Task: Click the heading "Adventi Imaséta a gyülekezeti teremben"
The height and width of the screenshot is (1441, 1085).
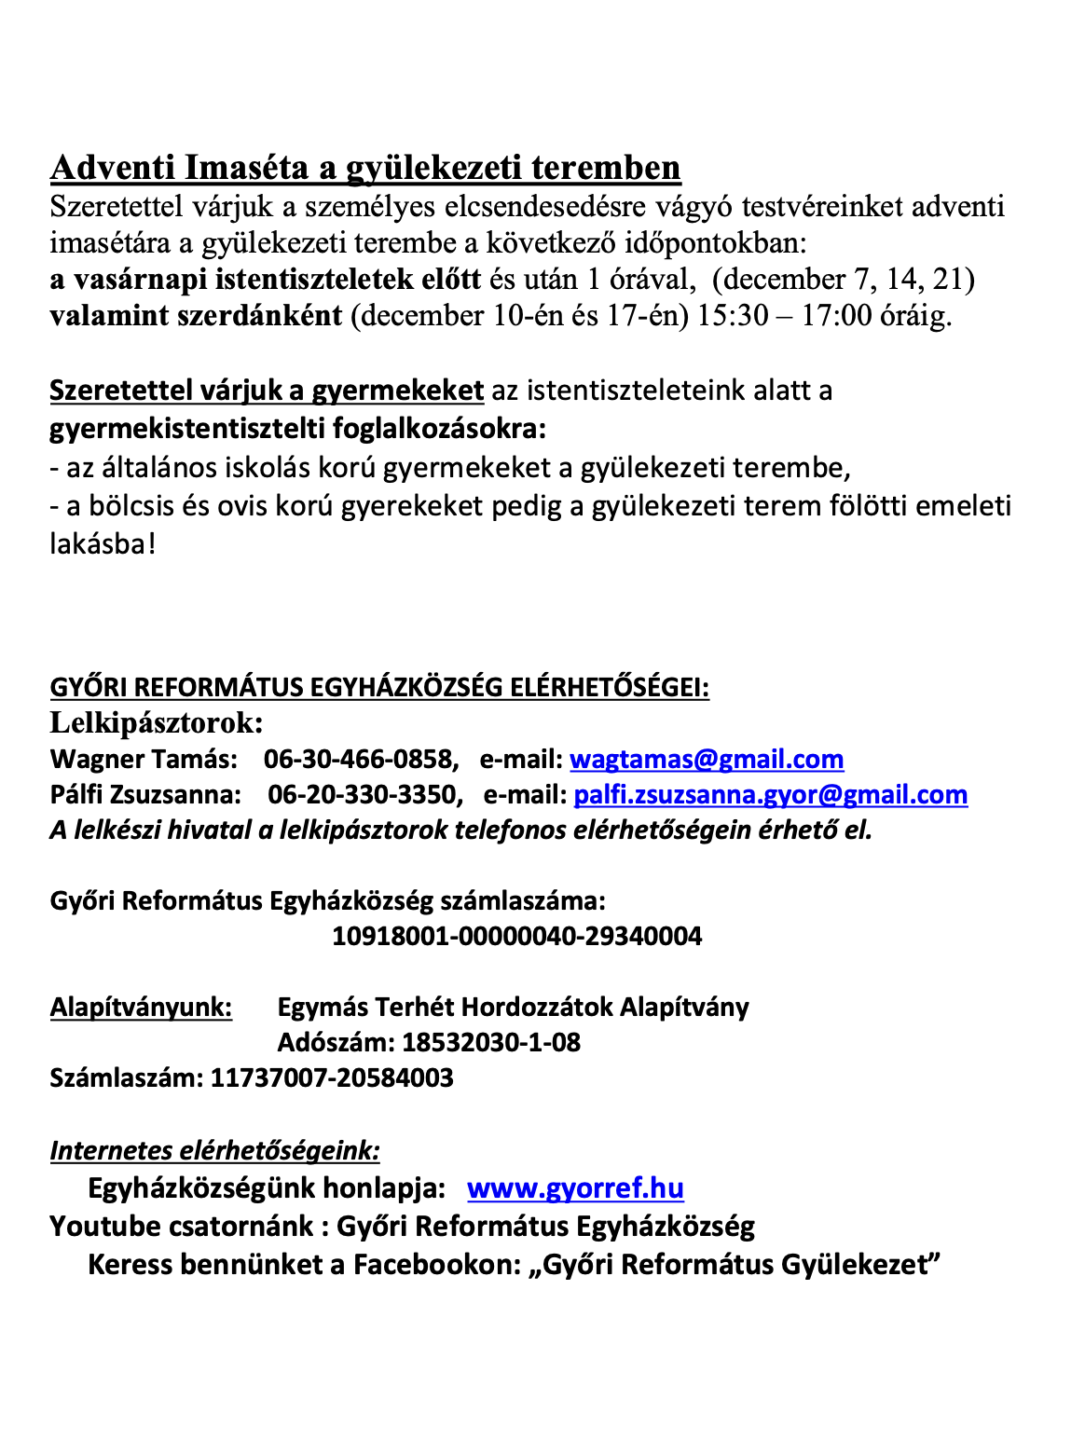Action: click(365, 168)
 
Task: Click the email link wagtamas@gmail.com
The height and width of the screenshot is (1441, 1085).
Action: click(707, 759)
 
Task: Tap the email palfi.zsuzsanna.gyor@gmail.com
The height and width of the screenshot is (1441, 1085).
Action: click(770, 794)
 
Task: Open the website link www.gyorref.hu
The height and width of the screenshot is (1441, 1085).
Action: click(575, 1187)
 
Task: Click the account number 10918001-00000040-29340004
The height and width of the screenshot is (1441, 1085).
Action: click(517, 936)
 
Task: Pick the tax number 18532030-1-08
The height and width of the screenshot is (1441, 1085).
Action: click(491, 1042)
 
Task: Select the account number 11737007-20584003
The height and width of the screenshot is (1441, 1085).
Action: click(332, 1077)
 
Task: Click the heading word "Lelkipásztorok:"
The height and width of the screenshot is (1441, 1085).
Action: click(157, 722)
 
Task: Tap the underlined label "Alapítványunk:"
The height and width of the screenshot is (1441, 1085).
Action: click(141, 1007)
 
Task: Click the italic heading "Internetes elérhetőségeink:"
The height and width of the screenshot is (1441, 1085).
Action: click(214, 1150)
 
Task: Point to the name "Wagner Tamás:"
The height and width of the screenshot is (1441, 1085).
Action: click(144, 759)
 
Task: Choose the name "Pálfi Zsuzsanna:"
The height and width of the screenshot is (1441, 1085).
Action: click(145, 794)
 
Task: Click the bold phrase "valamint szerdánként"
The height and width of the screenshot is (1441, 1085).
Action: click(196, 316)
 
